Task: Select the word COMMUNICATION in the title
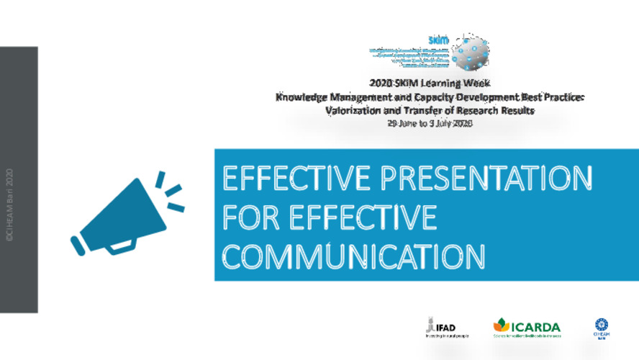(x=353, y=255)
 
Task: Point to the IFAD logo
(x=440, y=328)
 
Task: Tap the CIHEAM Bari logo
(x=601, y=328)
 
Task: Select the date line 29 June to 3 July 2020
(x=429, y=123)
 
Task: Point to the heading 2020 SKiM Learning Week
(x=430, y=84)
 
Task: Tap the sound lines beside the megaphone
(x=171, y=191)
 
